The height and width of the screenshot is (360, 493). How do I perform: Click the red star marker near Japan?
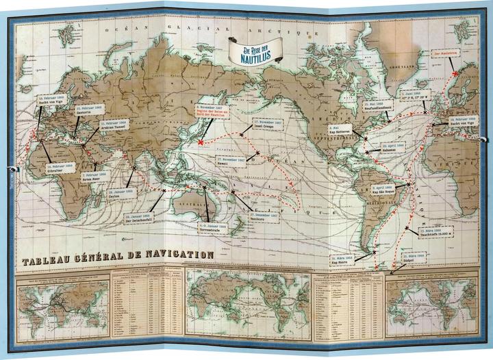pos(201,142)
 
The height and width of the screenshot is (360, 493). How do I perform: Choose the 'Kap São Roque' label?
pos(385,188)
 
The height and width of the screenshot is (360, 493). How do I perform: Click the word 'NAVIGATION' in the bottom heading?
pos(174,255)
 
